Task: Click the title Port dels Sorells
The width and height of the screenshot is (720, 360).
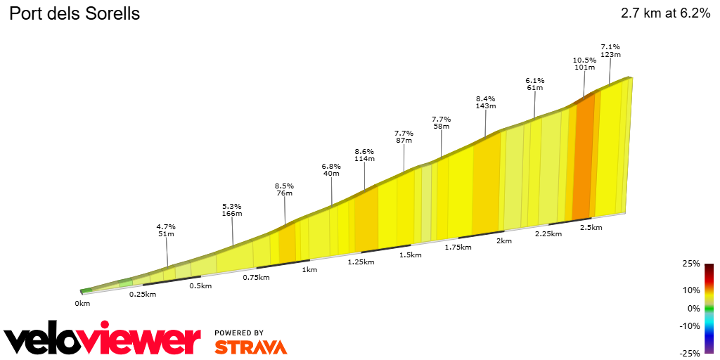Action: pyautogui.click(x=74, y=13)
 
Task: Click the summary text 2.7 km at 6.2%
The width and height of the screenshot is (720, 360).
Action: pyautogui.click(x=665, y=13)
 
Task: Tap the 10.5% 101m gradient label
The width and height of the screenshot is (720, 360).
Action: pyautogui.click(x=584, y=64)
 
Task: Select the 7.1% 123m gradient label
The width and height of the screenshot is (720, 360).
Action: pyautogui.click(x=610, y=51)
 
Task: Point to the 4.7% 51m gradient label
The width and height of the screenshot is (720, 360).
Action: pyautogui.click(x=166, y=231)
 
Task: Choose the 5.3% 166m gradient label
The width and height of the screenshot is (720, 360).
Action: pyautogui.click(x=232, y=210)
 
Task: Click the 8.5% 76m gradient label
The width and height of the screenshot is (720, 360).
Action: pyautogui.click(x=284, y=190)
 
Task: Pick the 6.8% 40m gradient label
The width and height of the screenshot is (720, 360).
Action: pyautogui.click(x=331, y=170)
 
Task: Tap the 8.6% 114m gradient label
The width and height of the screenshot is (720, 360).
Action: pyautogui.click(x=364, y=155)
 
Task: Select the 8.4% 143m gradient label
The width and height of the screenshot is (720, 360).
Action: pyautogui.click(x=485, y=103)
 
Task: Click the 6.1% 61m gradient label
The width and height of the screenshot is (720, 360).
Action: pyautogui.click(x=534, y=84)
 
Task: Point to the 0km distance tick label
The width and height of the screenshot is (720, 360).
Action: pyautogui.click(x=82, y=303)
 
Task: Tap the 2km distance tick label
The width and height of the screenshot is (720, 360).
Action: pyautogui.click(x=503, y=240)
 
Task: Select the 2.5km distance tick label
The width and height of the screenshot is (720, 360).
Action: pyautogui.click(x=591, y=227)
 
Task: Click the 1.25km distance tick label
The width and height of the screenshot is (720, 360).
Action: pyautogui.click(x=361, y=262)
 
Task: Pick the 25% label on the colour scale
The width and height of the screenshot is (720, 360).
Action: pyautogui.click(x=691, y=264)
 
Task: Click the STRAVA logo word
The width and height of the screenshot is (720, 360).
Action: pyautogui.click(x=250, y=347)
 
